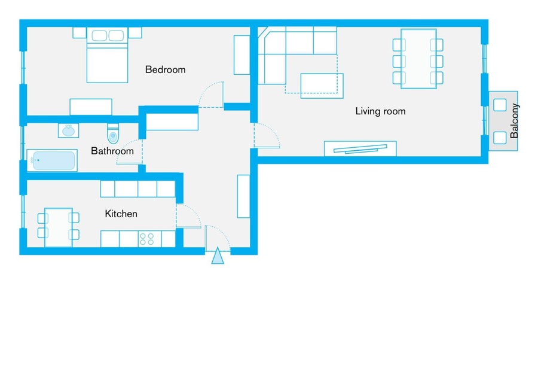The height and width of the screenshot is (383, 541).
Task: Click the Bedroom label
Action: coord(165,70)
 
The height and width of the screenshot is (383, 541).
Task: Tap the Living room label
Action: coord(380,111)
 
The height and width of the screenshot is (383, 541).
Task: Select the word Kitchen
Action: coord(121,214)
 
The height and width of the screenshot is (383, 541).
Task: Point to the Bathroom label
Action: coord(112,151)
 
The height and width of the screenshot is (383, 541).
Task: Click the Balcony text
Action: coord(514,121)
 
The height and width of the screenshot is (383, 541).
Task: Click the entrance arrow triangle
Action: coord(218,256)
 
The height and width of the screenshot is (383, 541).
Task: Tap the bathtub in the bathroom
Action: coord(52,160)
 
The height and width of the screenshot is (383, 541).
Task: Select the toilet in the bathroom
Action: coord(113,133)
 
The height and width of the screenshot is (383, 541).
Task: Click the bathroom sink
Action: coord(68,130)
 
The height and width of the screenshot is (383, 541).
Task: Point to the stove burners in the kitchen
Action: coord(146,239)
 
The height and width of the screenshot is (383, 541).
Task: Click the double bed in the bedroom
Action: coord(107,55)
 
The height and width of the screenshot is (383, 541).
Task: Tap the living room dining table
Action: coord(418,59)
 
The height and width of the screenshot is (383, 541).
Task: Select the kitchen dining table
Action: coord(59,227)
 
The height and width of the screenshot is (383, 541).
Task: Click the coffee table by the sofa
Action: coord(322,86)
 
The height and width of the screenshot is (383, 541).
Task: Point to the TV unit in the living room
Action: coord(360,148)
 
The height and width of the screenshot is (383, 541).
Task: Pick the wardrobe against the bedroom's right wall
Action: coord(242,55)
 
